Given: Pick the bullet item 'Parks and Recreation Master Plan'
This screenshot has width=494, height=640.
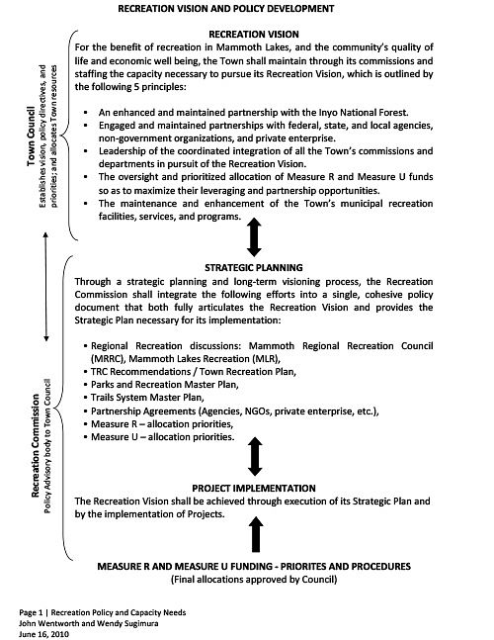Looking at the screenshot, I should tap(157, 382).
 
